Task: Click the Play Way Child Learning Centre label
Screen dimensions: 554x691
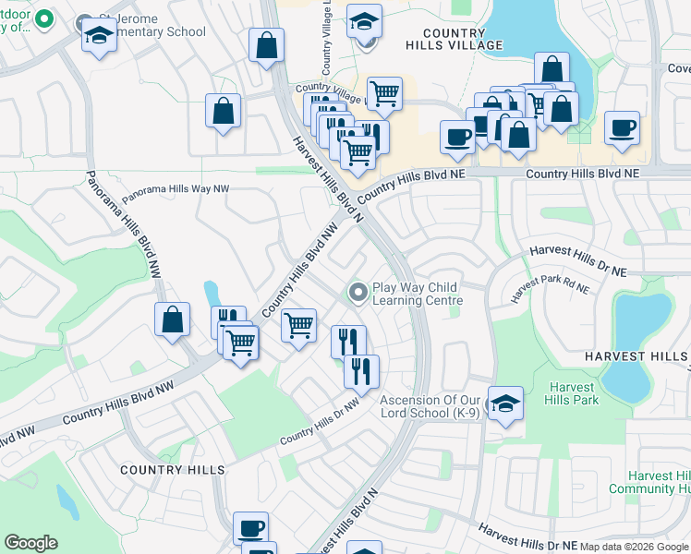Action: [x=415, y=294]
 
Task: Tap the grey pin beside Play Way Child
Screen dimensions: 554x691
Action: [x=358, y=293]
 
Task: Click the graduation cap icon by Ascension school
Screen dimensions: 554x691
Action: [x=505, y=403]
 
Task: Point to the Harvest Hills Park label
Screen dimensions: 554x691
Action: [x=573, y=393]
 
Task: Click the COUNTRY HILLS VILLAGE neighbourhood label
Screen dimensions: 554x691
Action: [x=454, y=39]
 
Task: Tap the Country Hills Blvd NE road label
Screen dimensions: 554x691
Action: [x=582, y=173]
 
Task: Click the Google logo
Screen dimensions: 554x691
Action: [x=30, y=543]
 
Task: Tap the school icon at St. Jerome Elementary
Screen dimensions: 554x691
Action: [x=97, y=36]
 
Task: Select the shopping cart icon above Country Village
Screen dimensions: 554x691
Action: [x=384, y=92]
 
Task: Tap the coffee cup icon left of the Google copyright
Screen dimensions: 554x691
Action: [x=250, y=528]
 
